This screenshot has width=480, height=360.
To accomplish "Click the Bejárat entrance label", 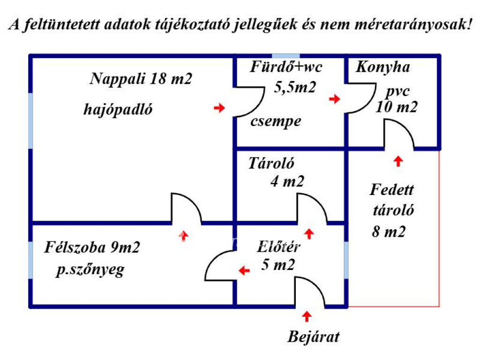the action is (314, 337).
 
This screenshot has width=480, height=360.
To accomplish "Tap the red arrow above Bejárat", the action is (307, 316).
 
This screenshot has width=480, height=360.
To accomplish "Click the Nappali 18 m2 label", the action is (141, 78).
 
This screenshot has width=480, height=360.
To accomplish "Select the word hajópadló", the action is (118, 110).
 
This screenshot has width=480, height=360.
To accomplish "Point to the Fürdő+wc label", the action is (286, 67).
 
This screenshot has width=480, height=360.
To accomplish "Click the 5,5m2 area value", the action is (295, 88).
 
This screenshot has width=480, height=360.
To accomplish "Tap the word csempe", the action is (276, 122).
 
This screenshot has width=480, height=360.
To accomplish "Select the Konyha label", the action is (382, 67).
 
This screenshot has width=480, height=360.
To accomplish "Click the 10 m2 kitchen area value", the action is (397, 107).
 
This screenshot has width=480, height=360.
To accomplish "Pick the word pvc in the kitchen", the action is (398, 91).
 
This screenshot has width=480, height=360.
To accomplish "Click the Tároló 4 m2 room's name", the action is (271, 163).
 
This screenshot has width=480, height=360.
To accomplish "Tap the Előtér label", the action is (278, 247).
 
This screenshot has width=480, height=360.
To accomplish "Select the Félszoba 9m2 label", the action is (92, 247).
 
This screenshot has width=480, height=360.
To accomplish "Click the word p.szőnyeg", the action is (90, 270).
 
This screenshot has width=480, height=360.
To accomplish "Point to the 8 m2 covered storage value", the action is (389, 232).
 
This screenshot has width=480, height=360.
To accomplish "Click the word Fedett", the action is (392, 190).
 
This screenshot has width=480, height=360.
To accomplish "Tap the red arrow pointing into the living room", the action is (184, 236).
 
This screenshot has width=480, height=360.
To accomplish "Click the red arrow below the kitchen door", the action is (398, 161).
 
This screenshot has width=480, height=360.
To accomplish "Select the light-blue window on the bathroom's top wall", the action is (286, 56).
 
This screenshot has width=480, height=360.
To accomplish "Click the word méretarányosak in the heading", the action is (413, 24).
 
